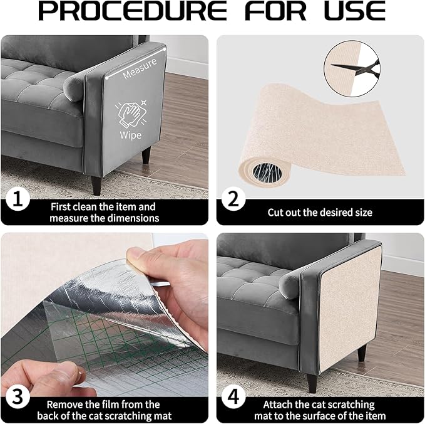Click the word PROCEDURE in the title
(132, 12)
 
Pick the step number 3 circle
(17, 397)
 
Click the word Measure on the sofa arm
(140, 73)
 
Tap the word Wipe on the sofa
(131, 135)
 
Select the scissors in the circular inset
(352, 64)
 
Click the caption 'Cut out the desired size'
(320, 213)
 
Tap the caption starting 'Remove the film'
(103, 410)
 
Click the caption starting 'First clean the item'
(103, 212)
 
